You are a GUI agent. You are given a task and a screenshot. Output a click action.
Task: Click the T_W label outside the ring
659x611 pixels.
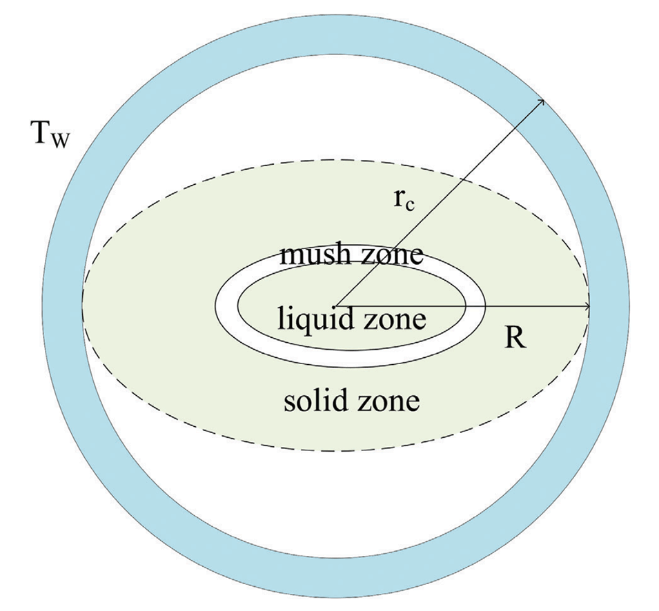(x=50, y=134)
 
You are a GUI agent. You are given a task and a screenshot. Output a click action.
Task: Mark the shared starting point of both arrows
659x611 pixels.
(x=336, y=307)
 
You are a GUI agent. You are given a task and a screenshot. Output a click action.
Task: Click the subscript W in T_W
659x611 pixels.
(x=59, y=141)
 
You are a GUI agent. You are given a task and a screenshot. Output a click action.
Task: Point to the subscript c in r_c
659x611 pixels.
(x=411, y=206)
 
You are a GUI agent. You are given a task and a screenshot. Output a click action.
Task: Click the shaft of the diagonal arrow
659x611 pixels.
(x=440, y=203)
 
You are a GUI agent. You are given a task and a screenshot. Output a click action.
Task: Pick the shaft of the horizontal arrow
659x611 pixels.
(x=463, y=307)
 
